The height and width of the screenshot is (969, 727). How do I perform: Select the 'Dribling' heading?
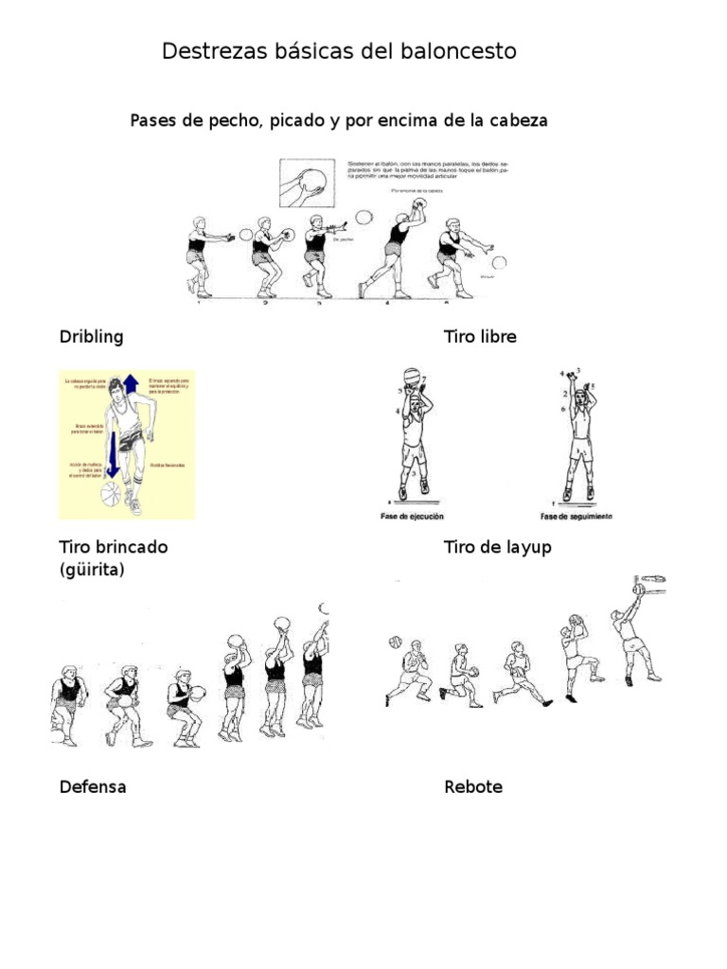click(92, 337)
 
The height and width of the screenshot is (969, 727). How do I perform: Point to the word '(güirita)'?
click(92, 571)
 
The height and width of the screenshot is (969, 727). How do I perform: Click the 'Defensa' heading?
click(93, 786)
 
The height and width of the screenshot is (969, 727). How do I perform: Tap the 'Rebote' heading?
click(474, 786)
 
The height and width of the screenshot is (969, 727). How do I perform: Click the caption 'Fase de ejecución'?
click(412, 517)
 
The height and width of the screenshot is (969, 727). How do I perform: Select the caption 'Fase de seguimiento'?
click(576, 517)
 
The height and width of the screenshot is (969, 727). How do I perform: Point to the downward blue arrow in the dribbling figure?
click(113, 454)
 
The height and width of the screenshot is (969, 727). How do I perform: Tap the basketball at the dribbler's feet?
click(112, 493)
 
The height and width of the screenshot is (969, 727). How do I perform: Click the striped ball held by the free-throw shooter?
click(412, 377)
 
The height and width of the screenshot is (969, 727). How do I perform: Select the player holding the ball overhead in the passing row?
click(397, 251)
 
